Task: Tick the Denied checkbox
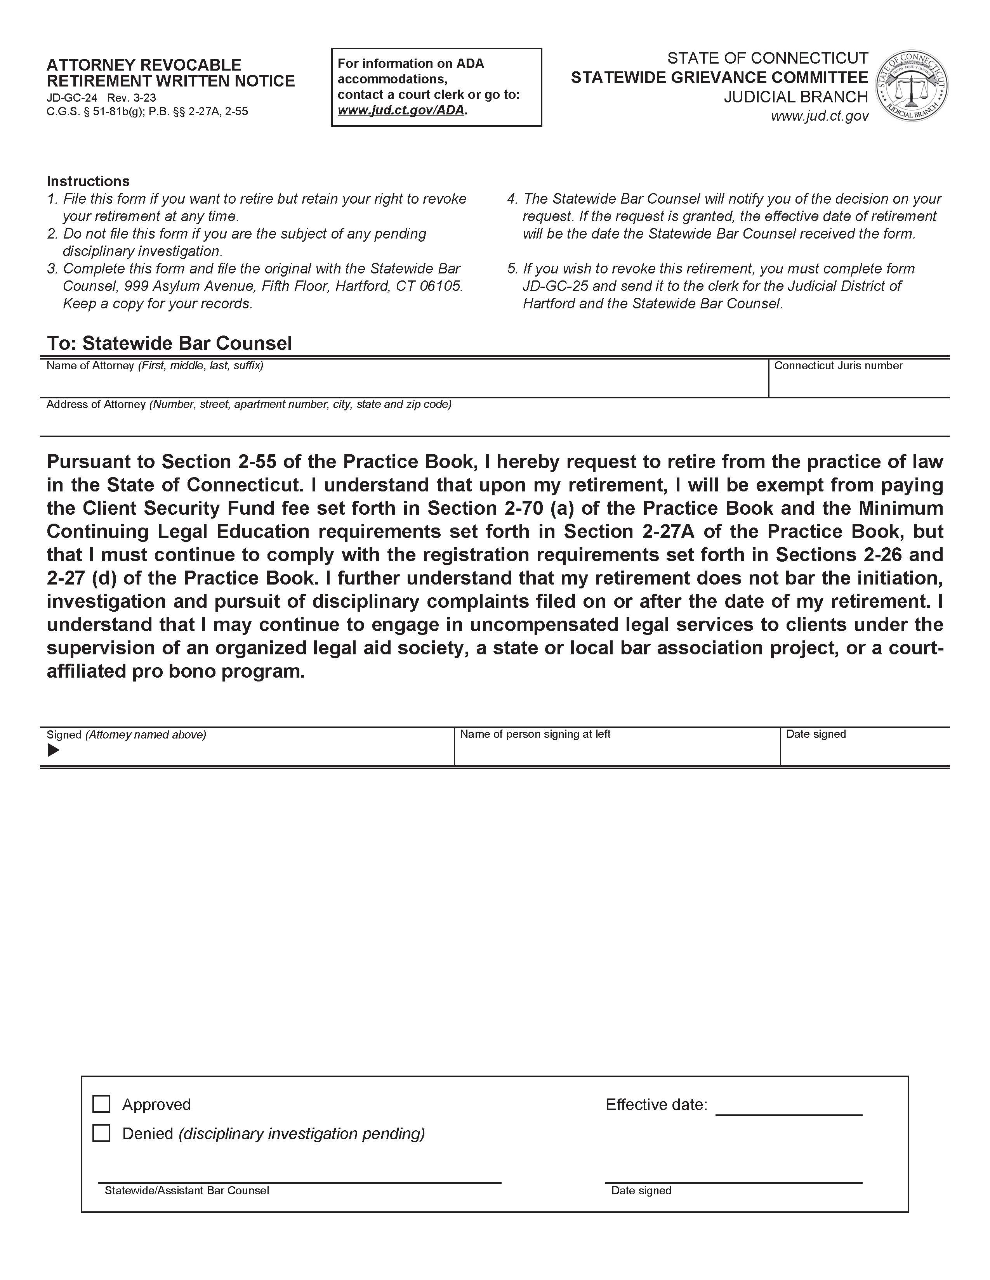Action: point(101,1133)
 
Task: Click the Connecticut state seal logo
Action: point(912,86)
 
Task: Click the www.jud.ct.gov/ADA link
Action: point(402,110)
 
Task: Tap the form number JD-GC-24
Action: point(71,98)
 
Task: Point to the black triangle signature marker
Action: point(53,750)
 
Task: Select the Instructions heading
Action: point(88,181)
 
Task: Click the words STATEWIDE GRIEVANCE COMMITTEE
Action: point(719,77)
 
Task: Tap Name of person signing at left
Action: point(535,734)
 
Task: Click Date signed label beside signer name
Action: point(815,734)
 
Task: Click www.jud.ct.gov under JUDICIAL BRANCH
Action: point(819,116)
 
